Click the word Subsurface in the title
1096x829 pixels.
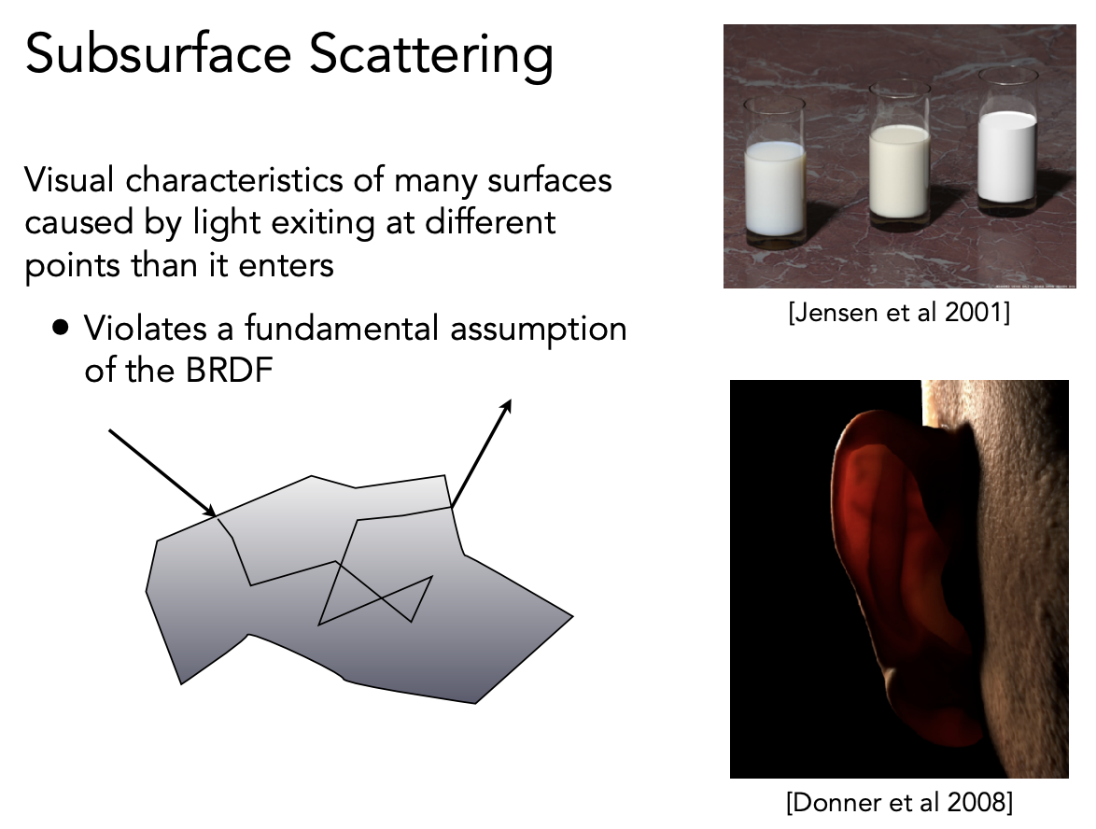[158, 54]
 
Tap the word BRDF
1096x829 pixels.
[228, 370]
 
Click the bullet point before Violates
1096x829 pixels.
[61, 327]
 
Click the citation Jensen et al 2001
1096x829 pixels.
[899, 313]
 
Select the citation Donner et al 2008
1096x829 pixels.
[899, 802]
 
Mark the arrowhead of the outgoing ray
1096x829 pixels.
[506, 405]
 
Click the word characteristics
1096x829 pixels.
[234, 179]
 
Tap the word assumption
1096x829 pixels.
[539, 330]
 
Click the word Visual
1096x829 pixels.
[69, 179]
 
